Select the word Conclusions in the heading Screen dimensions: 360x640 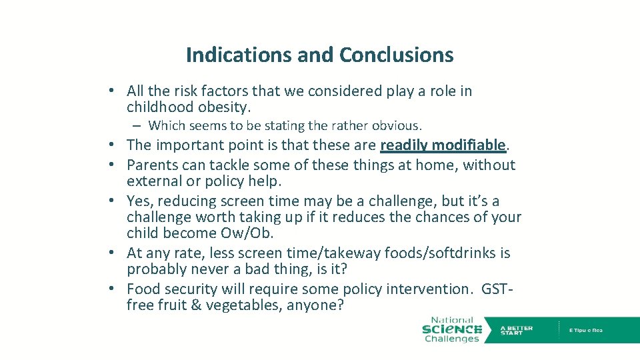(396, 55)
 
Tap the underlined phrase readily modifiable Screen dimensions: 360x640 (444, 145)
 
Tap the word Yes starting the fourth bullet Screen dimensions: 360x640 (139, 201)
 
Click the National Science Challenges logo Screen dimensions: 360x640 (451, 329)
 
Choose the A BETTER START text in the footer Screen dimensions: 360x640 (517, 331)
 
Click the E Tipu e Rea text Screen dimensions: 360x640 (585, 331)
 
